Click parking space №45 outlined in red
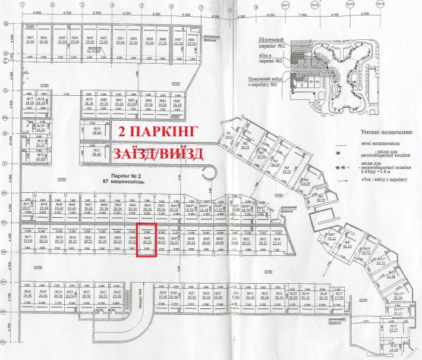[x=146, y=240]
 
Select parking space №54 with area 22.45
[x=276, y=240]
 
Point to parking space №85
[x=177, y=104]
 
